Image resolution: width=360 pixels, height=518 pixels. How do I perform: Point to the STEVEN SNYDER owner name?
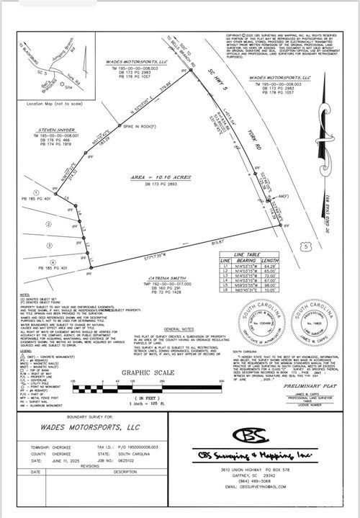pos(55,130)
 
